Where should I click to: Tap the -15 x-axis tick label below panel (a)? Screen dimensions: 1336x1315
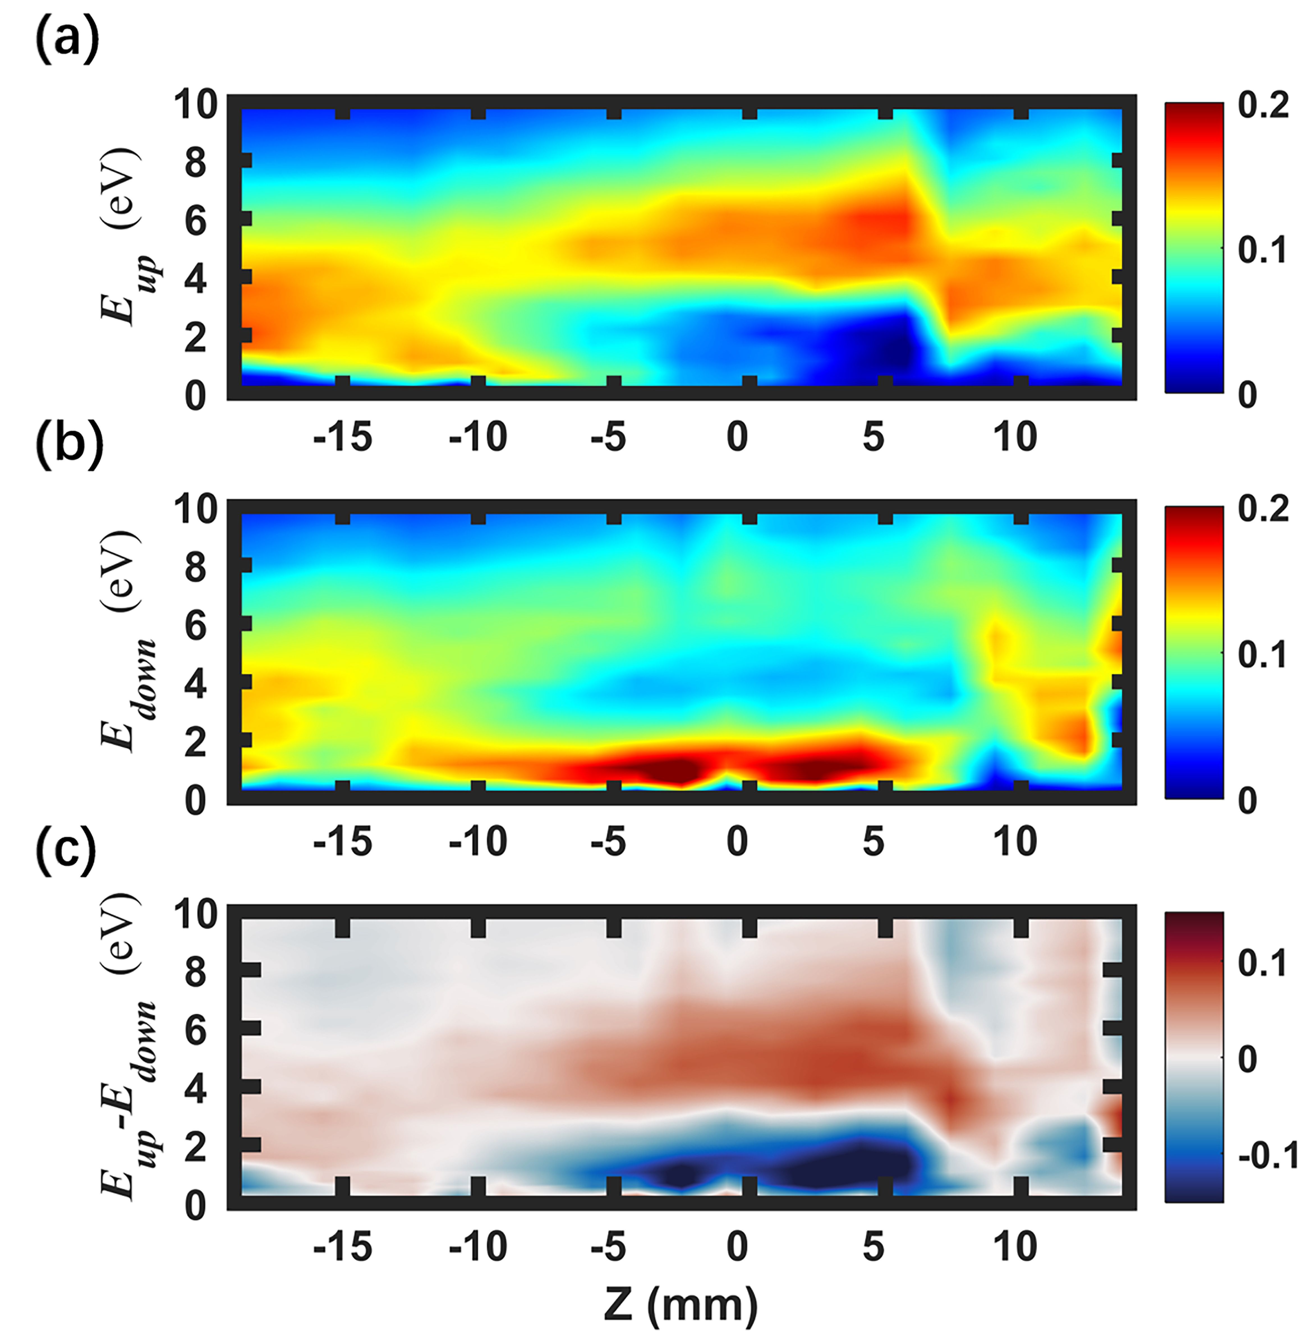click(x=342, y=437)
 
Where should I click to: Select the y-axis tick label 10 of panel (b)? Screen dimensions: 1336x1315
click(x=196, y=510)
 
